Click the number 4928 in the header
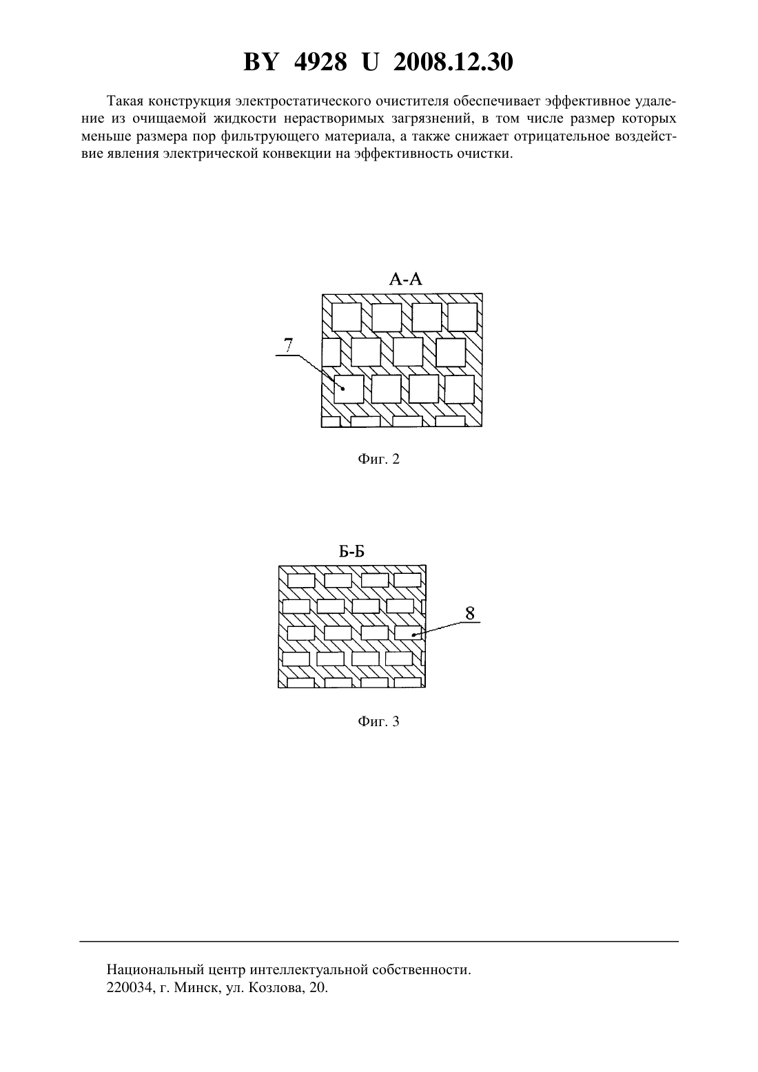coord(320,63)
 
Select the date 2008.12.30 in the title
coord(453,63)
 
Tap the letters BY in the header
coord(260,63)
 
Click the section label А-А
coord(406,279)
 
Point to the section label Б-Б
coord(351,552)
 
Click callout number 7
coord(287,345)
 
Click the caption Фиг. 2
coord(378,459)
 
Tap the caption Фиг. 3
coord(378,721)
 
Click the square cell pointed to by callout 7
coord(349,389)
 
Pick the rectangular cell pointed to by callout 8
coord(408,632)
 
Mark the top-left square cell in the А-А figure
coord(347,317)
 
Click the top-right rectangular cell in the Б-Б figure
coord(408,580)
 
